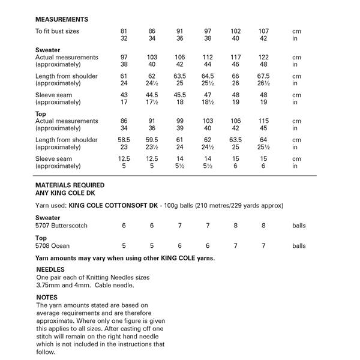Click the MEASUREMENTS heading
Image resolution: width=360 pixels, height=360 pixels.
click(62, 20)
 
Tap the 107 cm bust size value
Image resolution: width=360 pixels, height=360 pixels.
click(263, 31)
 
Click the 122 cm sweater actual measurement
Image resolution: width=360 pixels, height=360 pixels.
click(263, 57)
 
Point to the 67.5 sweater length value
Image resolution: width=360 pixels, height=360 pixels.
click(263, 76)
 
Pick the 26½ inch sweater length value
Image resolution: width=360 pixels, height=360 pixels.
click(263, 83)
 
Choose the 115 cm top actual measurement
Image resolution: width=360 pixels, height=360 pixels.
click(263, 121)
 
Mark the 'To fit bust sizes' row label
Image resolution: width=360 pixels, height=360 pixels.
click(57, 31)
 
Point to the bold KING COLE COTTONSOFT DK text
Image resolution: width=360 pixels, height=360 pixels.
click(118, 205)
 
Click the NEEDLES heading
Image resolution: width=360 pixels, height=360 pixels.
click(51, 270)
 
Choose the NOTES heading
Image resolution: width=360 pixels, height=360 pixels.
click(47, 297)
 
